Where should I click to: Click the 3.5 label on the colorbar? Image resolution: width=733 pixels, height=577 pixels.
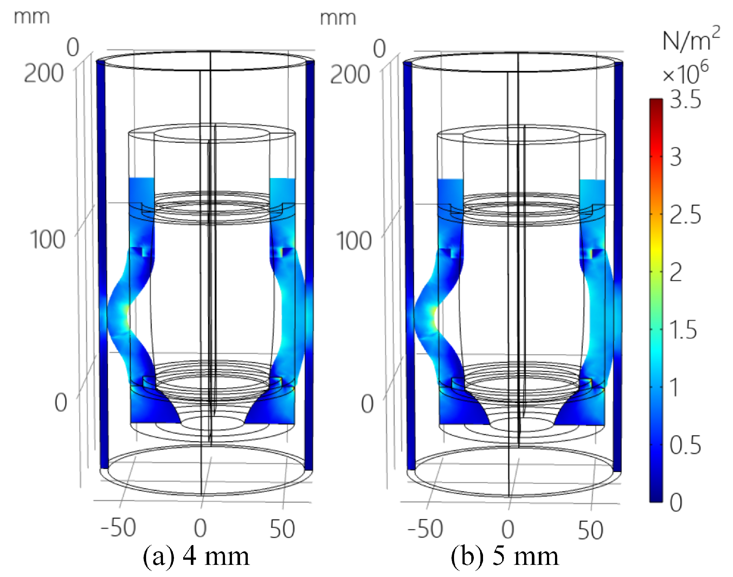point(685,100)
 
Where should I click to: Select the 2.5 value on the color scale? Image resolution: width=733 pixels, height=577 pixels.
point(685,215)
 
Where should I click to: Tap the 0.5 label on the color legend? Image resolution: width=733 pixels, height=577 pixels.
point(685,445)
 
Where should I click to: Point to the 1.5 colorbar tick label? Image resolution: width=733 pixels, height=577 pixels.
point(683,330)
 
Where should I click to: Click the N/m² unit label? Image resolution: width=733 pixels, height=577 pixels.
point(691,39)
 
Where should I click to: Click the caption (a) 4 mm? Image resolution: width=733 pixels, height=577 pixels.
point(196,556)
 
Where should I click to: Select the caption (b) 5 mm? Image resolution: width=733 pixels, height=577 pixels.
point(505,556)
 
